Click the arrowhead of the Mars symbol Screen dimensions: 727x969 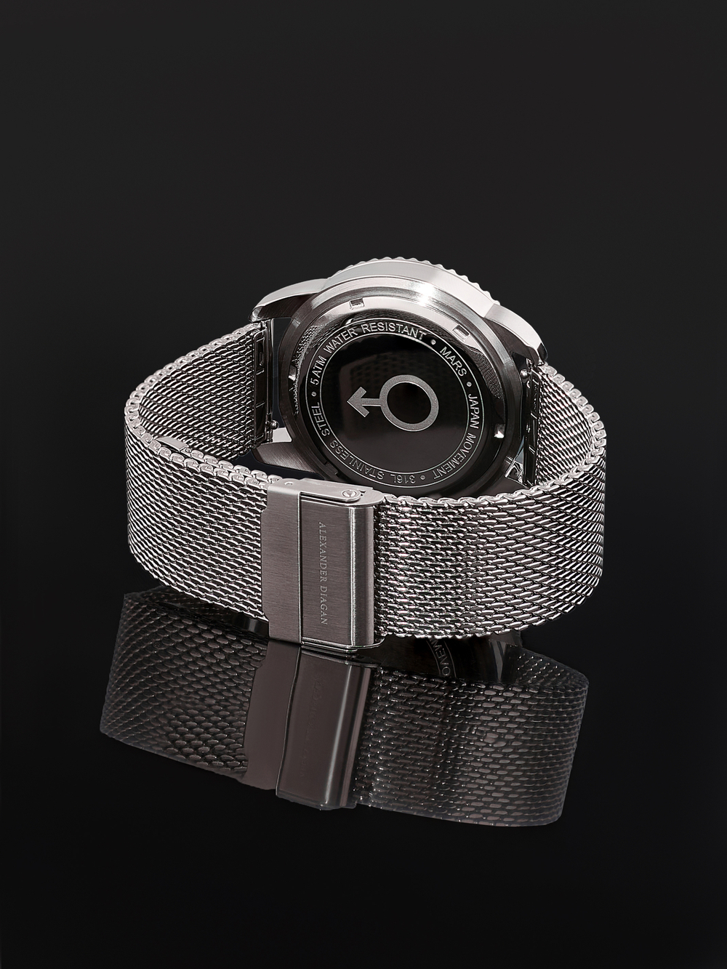(356, 403)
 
